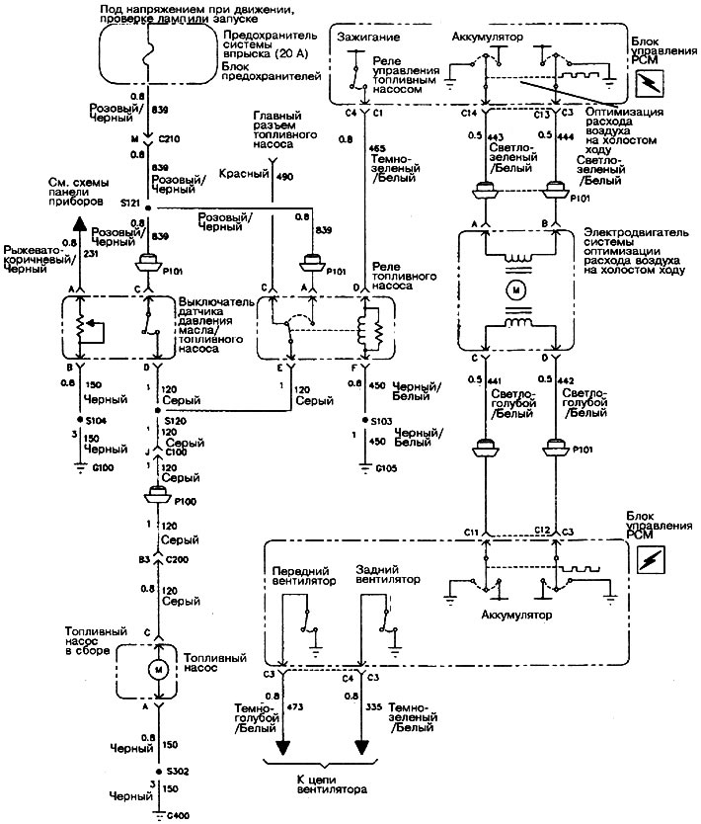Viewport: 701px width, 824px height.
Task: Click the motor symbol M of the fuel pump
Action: (156, 669)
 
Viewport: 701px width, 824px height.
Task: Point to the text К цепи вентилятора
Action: (330, 784)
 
